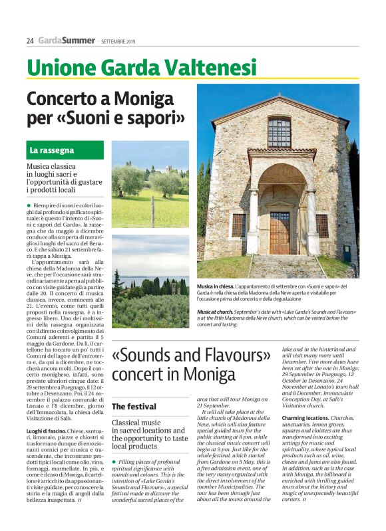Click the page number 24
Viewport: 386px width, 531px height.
[x=30, y=41]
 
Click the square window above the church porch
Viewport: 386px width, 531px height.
[x=279, y=132]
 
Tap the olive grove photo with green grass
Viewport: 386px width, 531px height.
[x=150, y=183]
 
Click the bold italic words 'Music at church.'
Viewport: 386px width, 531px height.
[x=218, y=312]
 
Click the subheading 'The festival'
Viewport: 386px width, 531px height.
[x=134, y=406]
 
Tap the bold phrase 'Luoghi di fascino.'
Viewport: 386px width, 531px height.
[x=47, y=413]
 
